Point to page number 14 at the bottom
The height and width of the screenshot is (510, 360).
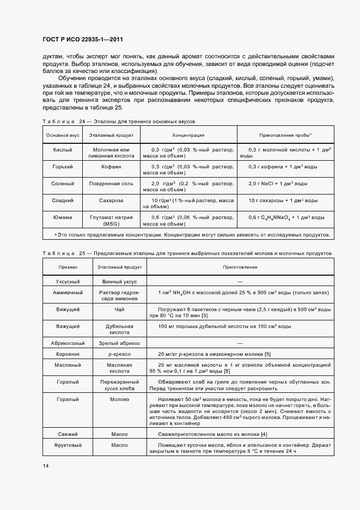pos(45,465)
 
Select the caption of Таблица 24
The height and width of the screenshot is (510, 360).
pos(118,121)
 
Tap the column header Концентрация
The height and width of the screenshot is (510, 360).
pos(188,135)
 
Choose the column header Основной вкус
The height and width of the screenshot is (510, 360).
pos(62,135)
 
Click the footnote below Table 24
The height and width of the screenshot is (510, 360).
pos(192,235)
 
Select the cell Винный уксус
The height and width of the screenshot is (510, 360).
pos(119,282)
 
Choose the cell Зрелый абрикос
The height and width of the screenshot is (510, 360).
pos(119,343)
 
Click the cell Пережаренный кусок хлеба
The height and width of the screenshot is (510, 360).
pos(119,386)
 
